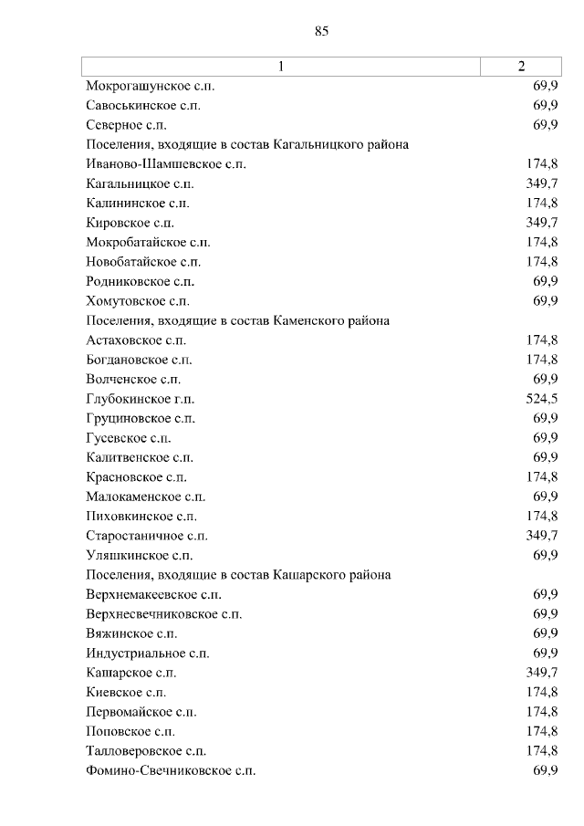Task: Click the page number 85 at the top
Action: point(321,31)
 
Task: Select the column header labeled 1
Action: point(281,66)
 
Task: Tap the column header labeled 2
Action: point(521,66)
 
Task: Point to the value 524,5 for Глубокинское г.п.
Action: point(542,399)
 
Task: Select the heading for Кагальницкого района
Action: point(246,144)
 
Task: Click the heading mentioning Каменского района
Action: point(238,320)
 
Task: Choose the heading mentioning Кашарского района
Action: point(238,575)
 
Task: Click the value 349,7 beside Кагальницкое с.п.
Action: point(542,183)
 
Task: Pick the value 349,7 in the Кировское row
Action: point(542,223)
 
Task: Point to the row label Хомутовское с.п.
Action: point(138,301)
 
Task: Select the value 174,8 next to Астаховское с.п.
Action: point(542,340)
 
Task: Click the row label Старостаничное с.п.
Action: point(147,536)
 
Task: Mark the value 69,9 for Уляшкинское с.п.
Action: point(546,555)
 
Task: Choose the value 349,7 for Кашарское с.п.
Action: point(542,673)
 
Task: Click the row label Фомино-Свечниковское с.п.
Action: point(171,771)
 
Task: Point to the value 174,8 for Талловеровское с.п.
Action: point(542,751)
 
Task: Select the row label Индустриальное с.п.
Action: point(148,653)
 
